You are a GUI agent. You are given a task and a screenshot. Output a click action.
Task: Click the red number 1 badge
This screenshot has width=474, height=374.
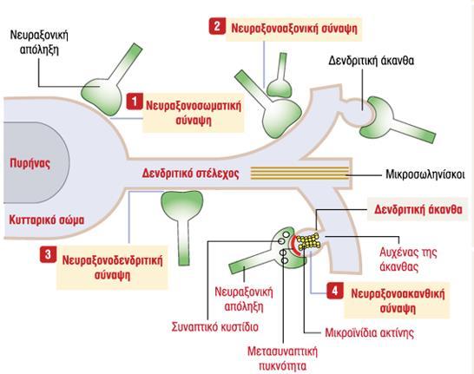click(135, 101)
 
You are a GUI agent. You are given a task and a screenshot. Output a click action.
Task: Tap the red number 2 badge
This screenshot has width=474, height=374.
click(217, 26)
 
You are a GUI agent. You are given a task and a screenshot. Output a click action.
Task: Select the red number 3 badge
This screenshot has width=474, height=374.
click(48, 254)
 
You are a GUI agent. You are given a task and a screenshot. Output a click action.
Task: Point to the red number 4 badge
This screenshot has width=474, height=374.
click(334, 291)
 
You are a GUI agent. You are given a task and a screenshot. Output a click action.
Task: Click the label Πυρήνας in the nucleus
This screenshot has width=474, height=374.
click(30, 163)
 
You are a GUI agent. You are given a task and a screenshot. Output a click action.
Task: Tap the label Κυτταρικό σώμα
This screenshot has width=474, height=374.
click(47, 220)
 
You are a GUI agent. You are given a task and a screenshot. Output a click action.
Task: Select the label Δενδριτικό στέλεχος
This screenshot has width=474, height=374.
click(190, 174)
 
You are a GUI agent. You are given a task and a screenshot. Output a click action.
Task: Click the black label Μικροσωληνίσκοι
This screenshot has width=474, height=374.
click(425, 174)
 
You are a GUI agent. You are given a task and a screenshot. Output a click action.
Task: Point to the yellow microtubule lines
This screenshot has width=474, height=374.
click(300, 173)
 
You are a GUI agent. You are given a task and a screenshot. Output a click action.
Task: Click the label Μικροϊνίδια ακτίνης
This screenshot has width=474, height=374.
click(369, 332)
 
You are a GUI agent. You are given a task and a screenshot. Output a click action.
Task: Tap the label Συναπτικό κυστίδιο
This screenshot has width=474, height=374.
click(215, 327)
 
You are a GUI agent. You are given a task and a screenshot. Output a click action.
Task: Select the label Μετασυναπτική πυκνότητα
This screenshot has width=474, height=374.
click(283, 358)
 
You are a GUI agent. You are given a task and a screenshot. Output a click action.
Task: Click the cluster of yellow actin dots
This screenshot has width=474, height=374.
click(308, 241)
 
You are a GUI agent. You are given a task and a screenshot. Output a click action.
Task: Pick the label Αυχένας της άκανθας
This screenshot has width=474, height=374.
click(408, 259)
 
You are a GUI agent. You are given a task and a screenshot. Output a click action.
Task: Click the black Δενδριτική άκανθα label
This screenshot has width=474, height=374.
click(372, 61)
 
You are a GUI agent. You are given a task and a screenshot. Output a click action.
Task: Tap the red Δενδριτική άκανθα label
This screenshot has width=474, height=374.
click(418, 209)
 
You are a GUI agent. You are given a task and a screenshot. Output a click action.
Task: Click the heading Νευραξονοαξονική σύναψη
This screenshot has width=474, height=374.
click(294, 29)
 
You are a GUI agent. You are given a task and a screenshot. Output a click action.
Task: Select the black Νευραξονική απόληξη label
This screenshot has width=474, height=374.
click(39, 42)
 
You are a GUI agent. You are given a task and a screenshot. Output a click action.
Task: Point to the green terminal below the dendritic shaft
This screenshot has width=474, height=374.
click(182, 225)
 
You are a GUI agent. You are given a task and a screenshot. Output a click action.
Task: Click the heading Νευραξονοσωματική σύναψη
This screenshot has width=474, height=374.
click(194, 113)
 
